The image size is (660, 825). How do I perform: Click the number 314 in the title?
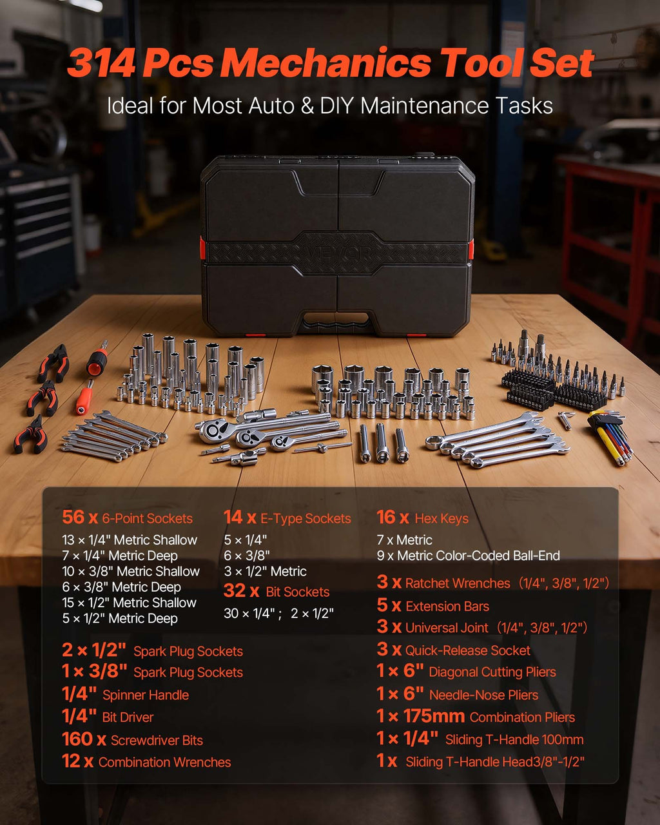coord(101,63)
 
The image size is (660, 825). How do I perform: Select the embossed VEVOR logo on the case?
coord(338,253)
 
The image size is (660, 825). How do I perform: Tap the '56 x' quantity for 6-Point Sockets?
coord(80,517)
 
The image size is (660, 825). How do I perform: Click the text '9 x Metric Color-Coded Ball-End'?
coord(468,556)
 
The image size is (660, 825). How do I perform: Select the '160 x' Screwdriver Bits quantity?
coord(84,739)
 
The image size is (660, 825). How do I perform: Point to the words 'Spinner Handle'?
coord(146,695)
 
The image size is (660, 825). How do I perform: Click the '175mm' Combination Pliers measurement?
coord(434,716)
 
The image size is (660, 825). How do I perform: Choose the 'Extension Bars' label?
coord(447,607)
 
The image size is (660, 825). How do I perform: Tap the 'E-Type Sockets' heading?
coord(306,519)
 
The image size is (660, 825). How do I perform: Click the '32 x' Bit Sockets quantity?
coord(241,591)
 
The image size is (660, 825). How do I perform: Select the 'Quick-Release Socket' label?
coord(468,650)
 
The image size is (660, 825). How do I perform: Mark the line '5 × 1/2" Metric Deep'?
coord(120,618)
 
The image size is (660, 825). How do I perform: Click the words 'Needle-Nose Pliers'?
coord(483,695)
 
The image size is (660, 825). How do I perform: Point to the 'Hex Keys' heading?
coord(442,519)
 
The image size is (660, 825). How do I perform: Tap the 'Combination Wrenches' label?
coord(164,762)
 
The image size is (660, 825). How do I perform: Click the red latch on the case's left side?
coord(202,247)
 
